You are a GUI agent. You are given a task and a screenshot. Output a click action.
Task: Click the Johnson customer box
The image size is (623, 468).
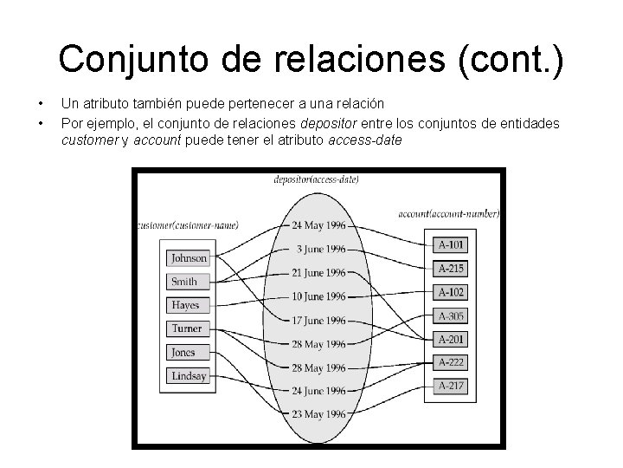coord(189,258)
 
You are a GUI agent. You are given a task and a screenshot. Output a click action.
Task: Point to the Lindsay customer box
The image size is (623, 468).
coord(189,375)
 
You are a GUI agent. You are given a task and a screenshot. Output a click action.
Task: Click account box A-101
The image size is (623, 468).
coord(450,245)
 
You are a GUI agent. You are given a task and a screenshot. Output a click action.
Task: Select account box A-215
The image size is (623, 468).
coord(450,269)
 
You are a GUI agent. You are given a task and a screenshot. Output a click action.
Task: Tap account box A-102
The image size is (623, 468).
coord(450,292)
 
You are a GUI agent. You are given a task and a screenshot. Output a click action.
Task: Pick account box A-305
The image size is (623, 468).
coord(450,316)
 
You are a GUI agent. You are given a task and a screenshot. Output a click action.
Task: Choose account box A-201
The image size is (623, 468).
coord(450,340)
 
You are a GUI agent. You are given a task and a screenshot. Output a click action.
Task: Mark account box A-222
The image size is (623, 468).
coord(450,362)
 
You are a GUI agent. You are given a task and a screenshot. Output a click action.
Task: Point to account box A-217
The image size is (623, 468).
coord(450,386)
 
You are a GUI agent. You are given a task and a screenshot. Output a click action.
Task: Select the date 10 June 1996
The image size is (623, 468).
coord(318,296)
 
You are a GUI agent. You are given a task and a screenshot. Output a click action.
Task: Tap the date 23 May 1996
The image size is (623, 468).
coord(318,413)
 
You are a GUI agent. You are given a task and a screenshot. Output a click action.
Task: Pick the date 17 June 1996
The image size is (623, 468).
coord(318,320)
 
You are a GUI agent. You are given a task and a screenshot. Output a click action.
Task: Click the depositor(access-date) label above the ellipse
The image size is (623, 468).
coord(317,179)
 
